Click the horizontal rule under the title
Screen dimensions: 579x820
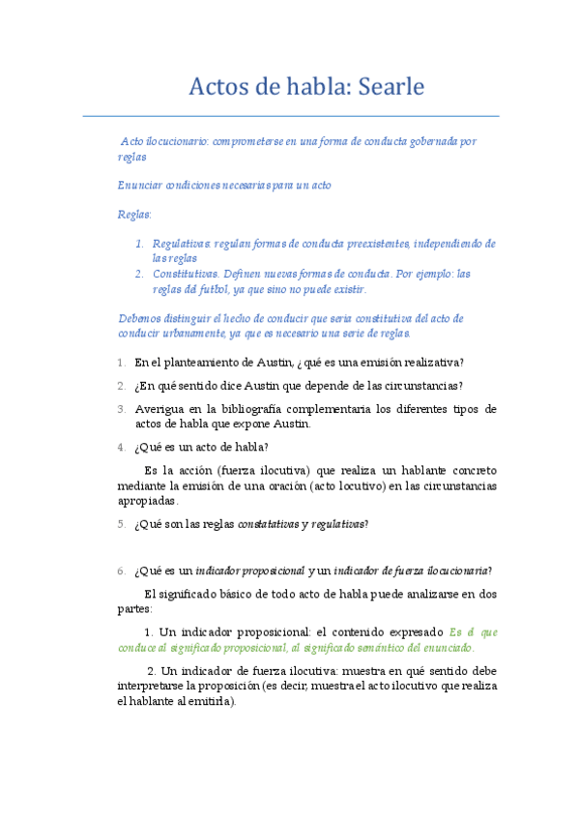[290, 116]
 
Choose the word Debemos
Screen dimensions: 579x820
[139, 318]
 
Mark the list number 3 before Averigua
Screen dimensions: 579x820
[121, 409]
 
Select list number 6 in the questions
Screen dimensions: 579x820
[121, 571]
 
